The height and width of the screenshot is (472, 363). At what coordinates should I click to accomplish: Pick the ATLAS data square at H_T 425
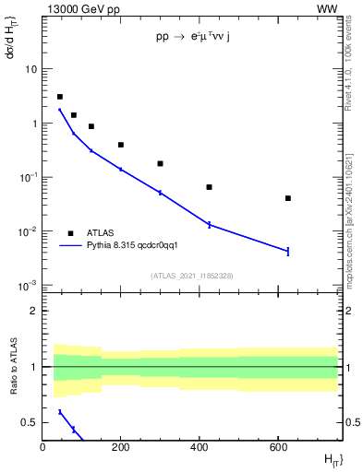tap(210, 187)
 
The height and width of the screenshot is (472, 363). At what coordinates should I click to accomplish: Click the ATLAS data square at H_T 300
tap(160, 163)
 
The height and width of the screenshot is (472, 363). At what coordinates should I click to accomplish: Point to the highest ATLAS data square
tap(60, 97)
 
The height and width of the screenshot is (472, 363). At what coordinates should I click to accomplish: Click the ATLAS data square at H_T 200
tap(121, 145)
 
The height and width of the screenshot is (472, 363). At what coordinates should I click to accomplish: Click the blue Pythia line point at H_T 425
tap(210, 224)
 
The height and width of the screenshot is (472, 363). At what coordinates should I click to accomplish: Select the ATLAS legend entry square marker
tap(70, 233)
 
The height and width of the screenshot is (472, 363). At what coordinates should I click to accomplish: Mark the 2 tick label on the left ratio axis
tap(33, 311)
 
